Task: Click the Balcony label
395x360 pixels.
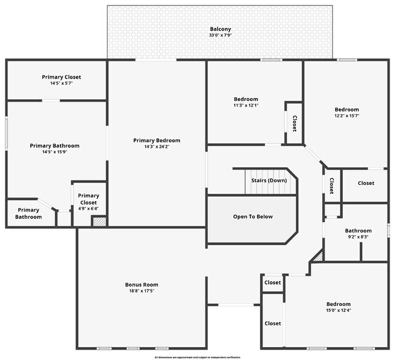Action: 220,29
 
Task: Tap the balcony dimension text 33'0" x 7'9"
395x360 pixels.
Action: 220,35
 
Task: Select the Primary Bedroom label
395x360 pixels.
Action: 157,140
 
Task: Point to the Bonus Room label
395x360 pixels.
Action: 142,285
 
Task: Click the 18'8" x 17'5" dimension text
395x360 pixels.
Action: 142,291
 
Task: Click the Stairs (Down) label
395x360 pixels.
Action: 269,181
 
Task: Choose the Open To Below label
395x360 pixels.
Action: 253,216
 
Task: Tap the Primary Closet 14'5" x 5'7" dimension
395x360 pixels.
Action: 61,84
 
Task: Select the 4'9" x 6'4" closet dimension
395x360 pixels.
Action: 88,209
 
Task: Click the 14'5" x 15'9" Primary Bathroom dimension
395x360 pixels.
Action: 55,153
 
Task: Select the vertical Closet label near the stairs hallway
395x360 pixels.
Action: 331,185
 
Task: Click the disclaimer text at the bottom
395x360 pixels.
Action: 197,357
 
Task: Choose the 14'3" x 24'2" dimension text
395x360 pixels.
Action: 157,147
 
